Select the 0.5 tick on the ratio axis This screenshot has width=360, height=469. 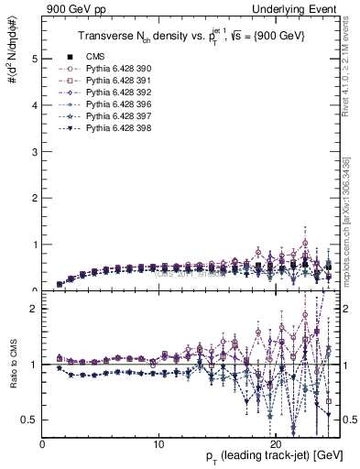click(x=31, y=420)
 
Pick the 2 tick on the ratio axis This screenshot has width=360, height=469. click(x=35, y=309)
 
